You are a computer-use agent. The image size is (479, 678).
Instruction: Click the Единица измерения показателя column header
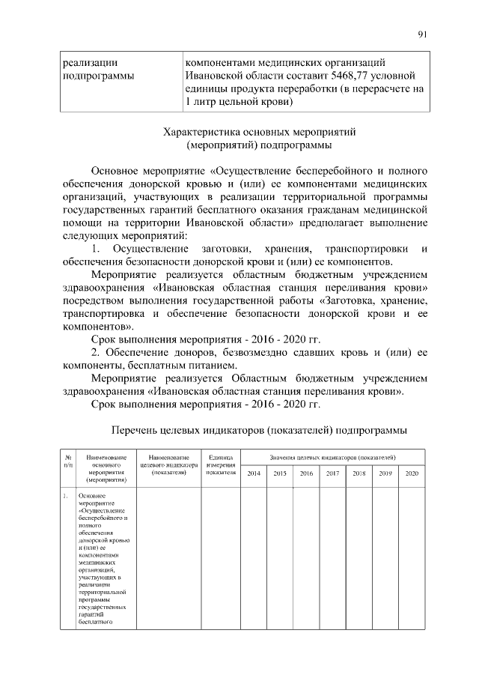[x=221, y=464]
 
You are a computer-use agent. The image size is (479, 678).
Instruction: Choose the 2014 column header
[x=254, y=473]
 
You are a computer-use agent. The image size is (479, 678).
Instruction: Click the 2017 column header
[x=332, y=473]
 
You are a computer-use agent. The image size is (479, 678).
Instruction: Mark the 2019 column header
[x=385, y=473]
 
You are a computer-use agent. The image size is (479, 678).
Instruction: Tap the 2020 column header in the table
[x=412, y=473]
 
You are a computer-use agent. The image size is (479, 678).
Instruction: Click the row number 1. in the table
[x=66, y=496]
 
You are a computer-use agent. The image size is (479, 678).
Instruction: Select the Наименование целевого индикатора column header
[x=168, y=464]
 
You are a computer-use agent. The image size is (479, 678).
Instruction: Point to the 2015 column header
[x=280, y=473]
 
